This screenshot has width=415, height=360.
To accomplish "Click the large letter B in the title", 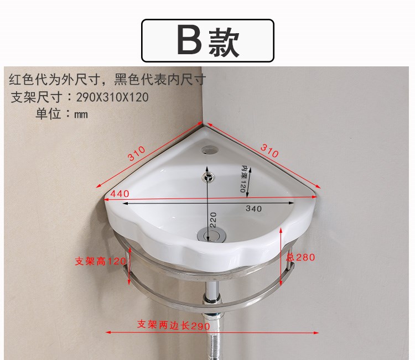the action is pos(190,40).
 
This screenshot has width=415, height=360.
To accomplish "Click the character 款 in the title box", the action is pos(224,42).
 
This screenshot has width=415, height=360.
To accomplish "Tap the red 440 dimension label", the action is pos(120,194).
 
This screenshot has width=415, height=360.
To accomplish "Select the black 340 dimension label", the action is pos(253,208).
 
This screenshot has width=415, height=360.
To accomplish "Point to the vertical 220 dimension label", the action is pos(214,220).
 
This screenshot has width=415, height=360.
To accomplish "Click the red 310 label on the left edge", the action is pos(137,153).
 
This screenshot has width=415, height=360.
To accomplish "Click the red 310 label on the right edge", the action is pos(269,150).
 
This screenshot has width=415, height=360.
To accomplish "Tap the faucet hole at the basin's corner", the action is pos(210,150).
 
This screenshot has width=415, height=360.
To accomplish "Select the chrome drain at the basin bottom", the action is pos(212,234).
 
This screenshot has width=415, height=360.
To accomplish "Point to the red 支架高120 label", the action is pos(100,262).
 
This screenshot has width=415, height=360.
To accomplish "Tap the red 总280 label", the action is pos(300,257).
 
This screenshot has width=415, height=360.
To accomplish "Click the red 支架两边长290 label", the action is pos(174,325).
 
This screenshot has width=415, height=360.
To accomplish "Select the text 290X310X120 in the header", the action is pos(112,97).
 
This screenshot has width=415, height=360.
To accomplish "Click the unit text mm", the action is pos(81,114).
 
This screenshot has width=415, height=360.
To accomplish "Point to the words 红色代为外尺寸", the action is pos(55,79).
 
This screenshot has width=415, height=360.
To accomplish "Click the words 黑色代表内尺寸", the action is pos(159,79).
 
